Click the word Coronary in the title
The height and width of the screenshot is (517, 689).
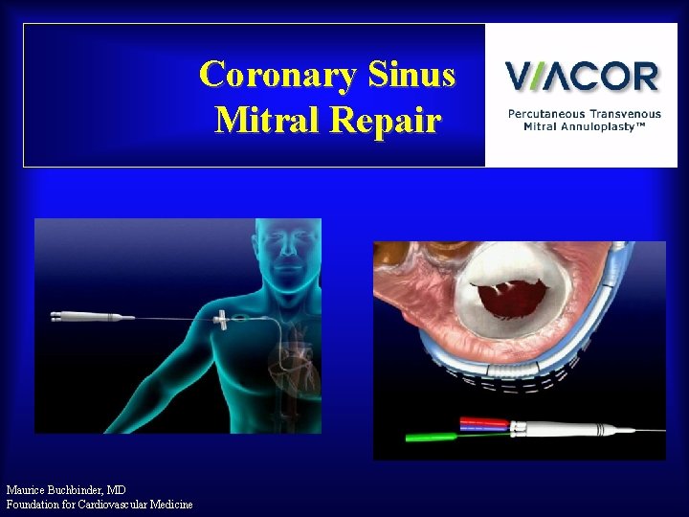pyautogui.click(x=278, y=75)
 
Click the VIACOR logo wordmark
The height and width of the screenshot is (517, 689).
pyautogui.click(x=582, y=76)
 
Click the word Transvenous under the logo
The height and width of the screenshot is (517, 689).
pyautogui.click(x=625, y=114)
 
